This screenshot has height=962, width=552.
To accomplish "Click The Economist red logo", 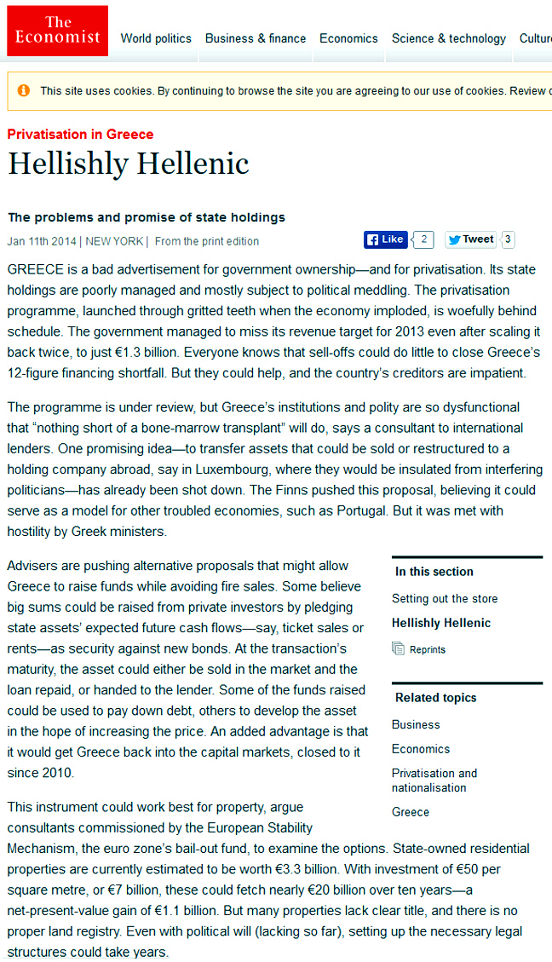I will pos(58,31).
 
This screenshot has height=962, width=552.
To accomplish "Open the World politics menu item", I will pos(156,38).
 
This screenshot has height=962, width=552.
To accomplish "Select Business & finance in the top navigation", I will pos(256,38).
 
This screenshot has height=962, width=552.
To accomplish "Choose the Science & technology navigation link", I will pos(449,38).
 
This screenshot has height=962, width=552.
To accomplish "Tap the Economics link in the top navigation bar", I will pos(348,38).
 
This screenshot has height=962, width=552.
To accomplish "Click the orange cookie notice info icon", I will pos(23,90).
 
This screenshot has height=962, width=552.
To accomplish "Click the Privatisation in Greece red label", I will pos(81,135).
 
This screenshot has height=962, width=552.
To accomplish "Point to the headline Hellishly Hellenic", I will pos(129,164).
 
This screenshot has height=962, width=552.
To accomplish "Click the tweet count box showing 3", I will pos(508,239).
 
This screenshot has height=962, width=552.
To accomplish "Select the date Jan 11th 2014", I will pos(40,241).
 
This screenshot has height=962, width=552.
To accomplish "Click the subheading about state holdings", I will pos(147,217).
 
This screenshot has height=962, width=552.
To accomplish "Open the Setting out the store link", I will pos(445,598).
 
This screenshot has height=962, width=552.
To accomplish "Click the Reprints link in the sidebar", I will pos(428,649).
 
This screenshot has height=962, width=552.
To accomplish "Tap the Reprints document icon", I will pos(398,648).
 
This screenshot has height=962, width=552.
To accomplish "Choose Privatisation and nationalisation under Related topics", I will pos(434,781).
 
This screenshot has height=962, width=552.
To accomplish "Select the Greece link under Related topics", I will pos(411,812).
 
